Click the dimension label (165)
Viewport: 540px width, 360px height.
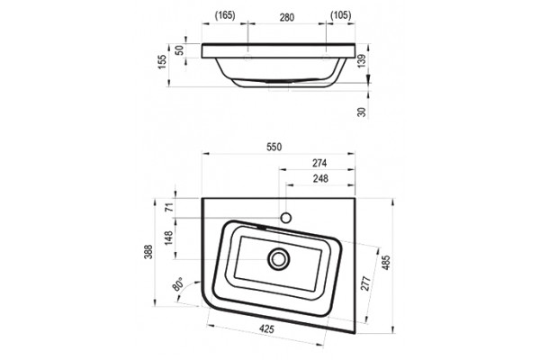(225, 15)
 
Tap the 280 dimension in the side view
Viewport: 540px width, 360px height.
(287, 17)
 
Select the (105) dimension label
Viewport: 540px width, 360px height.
(340, 15)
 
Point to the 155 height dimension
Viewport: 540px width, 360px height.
(162, 62)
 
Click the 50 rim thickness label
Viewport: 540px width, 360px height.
(179, 50)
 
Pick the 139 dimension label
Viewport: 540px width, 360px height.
(361, 60)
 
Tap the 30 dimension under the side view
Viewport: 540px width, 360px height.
(361, 112)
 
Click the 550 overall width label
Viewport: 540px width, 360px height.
(274, 147)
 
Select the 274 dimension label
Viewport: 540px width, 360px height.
(319, 163)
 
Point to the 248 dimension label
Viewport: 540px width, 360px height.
(320, 178)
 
